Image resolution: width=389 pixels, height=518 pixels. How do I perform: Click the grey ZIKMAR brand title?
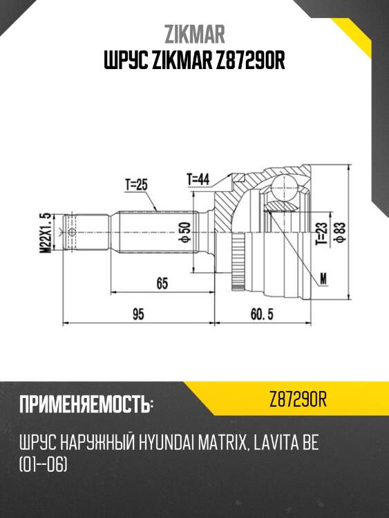pyautogui.click(x=194, y=35)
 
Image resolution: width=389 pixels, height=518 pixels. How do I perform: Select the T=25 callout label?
pyautogui.click(x=137, y=184)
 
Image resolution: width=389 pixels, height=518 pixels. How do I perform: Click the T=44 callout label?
pyautogui.click(x=198, y=179)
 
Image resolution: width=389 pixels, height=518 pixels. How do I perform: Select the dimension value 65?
pyautogui.click(x=162, y=282)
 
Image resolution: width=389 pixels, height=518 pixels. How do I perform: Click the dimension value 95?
pyautogui.click(x=138, y=314)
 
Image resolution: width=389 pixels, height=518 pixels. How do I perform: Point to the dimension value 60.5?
pyautogui.click(x=262, y=314)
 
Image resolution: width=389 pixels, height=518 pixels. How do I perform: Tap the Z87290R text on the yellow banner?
pyautogui.click(x=298, y=400)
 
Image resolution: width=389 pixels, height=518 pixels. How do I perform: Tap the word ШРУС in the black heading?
pyautogui.click(x=123, y=62)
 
